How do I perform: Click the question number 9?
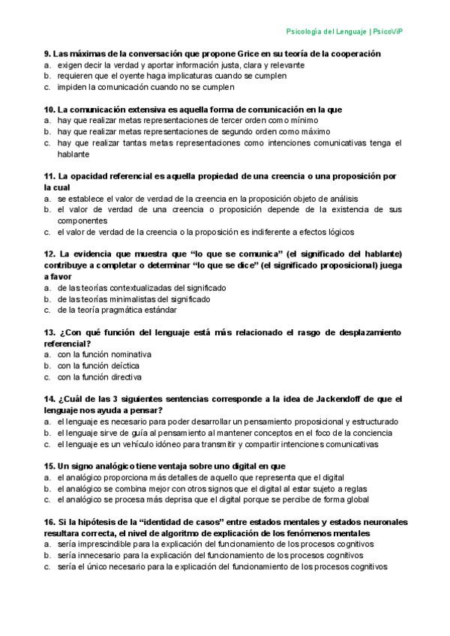click(47, 54)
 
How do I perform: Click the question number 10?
click(49, 109)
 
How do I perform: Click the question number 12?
click(49, 254)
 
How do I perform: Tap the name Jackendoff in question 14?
click(338, 399)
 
